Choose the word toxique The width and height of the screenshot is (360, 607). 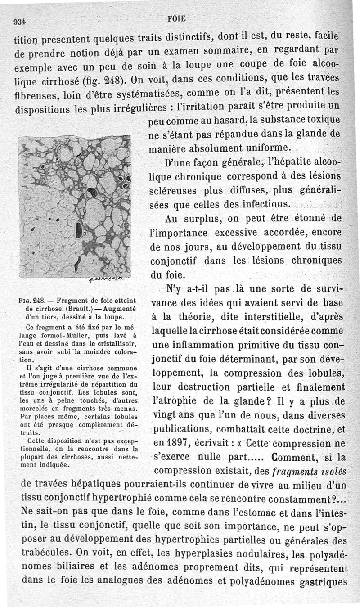coord(321,121)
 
